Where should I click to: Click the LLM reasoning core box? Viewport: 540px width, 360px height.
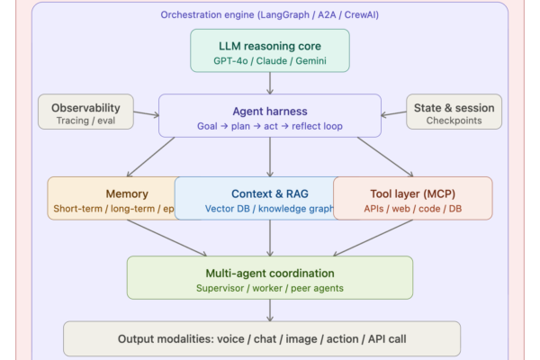coord(270,49)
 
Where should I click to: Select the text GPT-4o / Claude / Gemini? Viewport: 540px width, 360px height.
coord(270,59)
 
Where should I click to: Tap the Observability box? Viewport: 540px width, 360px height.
coord(85,112)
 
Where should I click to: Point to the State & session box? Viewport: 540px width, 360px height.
coord(454,112)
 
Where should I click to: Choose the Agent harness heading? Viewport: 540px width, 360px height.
coord(270,109)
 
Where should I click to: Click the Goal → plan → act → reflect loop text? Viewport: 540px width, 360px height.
coord(270,125)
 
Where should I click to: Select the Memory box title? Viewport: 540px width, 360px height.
coord(127,193)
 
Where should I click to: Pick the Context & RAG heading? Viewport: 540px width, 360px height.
coord(270,193)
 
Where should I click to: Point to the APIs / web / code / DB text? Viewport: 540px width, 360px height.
coord(413,209)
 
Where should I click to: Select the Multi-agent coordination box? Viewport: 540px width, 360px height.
coord(270,277)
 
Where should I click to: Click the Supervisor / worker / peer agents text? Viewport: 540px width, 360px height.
coord(270,288)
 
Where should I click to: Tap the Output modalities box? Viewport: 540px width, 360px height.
coord(262,339)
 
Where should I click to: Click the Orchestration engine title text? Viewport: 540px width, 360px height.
coord(269,15)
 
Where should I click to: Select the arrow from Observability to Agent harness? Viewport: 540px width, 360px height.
coord(146,114)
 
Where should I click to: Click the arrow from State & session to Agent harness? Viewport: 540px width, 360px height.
coord(393,114)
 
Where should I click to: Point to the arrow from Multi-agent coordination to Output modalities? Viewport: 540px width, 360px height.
coord(270,310)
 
